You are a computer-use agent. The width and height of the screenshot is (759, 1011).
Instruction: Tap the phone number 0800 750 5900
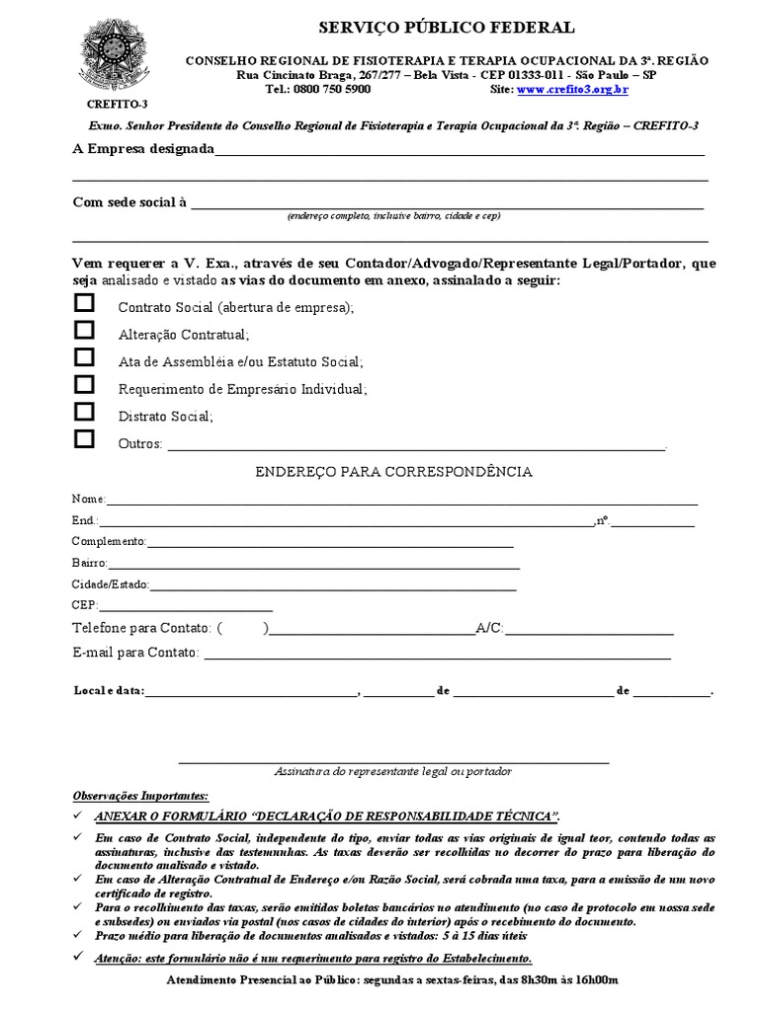click(x=332, y=89)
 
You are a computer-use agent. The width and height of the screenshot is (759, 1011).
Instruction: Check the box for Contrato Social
click(x=85, y=303)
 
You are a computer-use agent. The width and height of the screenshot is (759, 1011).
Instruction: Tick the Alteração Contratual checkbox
click(x=85, y=331)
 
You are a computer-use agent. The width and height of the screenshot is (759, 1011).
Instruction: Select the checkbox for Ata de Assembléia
click(x=85, y=357)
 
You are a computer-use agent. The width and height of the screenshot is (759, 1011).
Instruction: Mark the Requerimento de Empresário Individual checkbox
click(x=85, y=384)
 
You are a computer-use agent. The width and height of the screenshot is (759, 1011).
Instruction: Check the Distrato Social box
click(x=85, y=412)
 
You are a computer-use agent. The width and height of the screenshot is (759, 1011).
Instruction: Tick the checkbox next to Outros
click(x=85, y=438)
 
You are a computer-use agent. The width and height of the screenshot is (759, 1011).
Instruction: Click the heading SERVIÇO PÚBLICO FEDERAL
click(x=443, y=28)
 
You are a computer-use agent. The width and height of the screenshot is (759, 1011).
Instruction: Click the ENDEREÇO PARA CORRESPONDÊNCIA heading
click(x=394, y=472)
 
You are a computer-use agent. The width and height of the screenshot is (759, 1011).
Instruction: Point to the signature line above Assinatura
click(x=393, y=761)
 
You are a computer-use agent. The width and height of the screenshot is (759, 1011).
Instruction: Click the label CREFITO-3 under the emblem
click(x=106, y=103)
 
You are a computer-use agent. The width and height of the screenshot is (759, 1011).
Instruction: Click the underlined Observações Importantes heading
click(x=141, y=795)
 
